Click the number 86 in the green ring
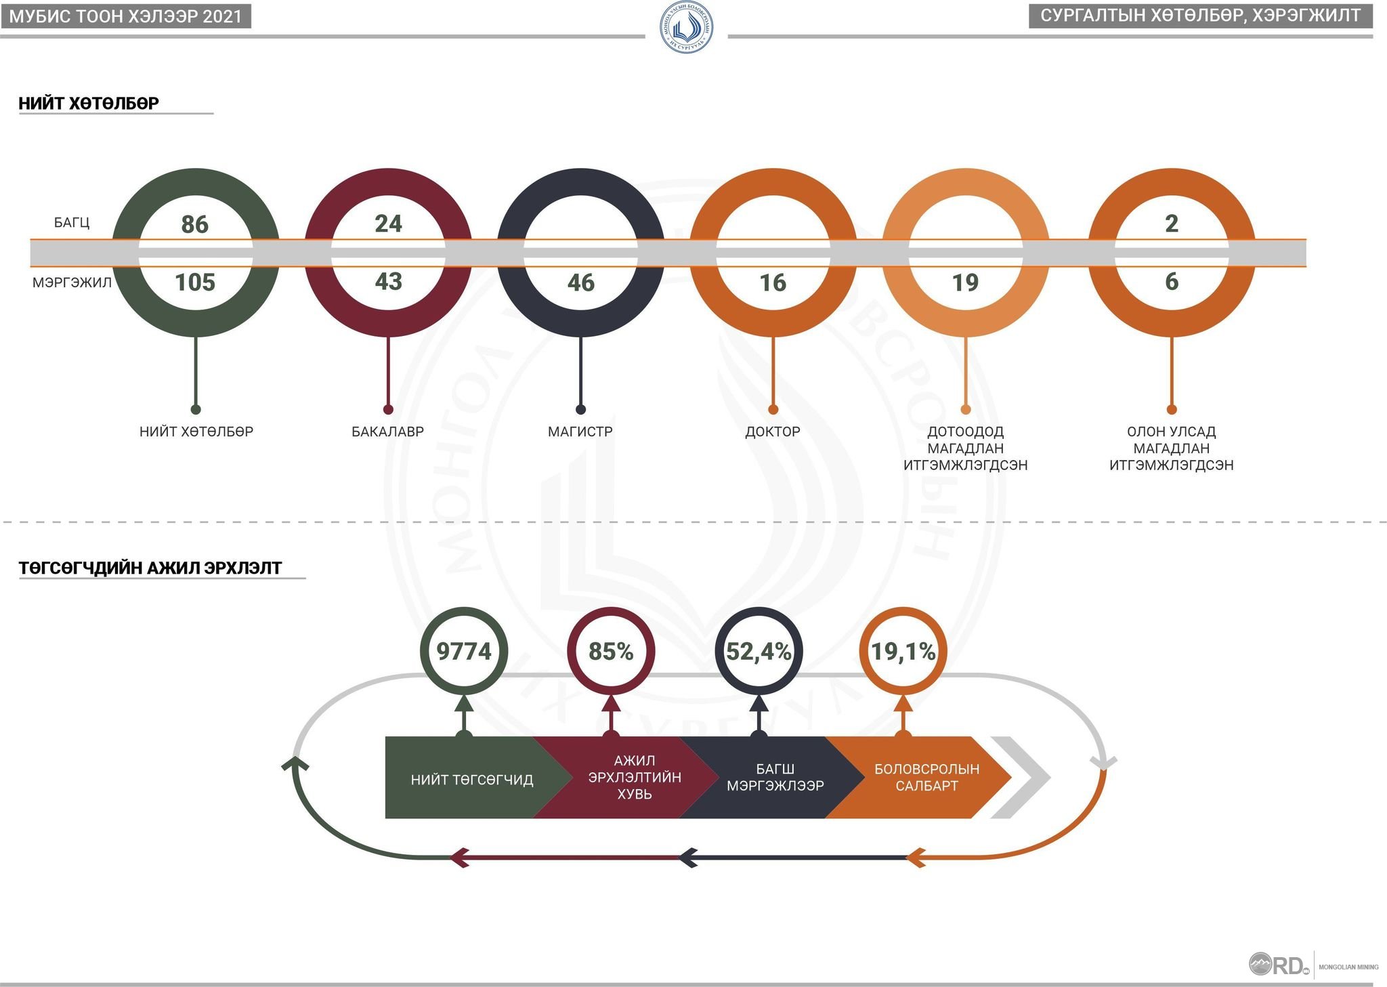click(195, 224)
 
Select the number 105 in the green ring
click(195, 282)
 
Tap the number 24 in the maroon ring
click(388, 224)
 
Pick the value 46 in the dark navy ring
click(580, 282)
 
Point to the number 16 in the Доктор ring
click(773, 282)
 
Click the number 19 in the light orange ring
click(965, 282)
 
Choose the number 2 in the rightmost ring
click(1172, 224)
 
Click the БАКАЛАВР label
click(387, 432)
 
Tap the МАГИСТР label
click(580, 432)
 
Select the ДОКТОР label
click(773, 432)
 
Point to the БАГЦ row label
click(72, 223)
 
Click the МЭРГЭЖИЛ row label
click(72, 282)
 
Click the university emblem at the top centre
click(686, 27)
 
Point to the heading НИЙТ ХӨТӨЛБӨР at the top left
click(89, 103)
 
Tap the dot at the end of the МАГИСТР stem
click(580, 409)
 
